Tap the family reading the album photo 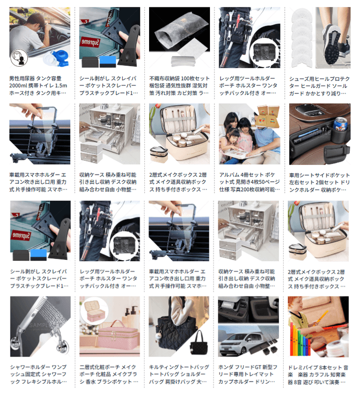point(242,137)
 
